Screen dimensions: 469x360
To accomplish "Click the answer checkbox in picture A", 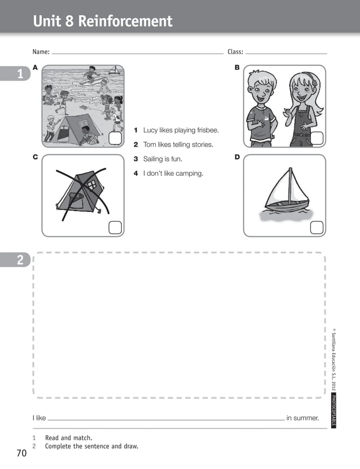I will [115, 139].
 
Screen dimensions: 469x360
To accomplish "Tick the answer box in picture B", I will [317, 139].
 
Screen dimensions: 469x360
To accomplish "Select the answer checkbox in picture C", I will [115, 227].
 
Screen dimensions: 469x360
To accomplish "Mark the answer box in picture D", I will [317, 227].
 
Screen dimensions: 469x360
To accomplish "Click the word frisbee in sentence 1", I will [206, 130].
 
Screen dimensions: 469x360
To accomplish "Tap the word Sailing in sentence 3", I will [154, 159].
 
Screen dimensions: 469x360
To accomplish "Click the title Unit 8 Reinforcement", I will [103, 21].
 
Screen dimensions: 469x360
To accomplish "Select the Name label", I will [41, 52].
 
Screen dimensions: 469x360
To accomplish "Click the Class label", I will [235, 52].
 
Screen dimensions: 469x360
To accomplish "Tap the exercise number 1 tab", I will [20, 74].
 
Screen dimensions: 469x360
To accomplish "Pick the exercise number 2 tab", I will [20, 260].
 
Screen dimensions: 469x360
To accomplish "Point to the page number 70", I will [22, 453].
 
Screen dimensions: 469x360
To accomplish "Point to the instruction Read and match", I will [68, 438].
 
